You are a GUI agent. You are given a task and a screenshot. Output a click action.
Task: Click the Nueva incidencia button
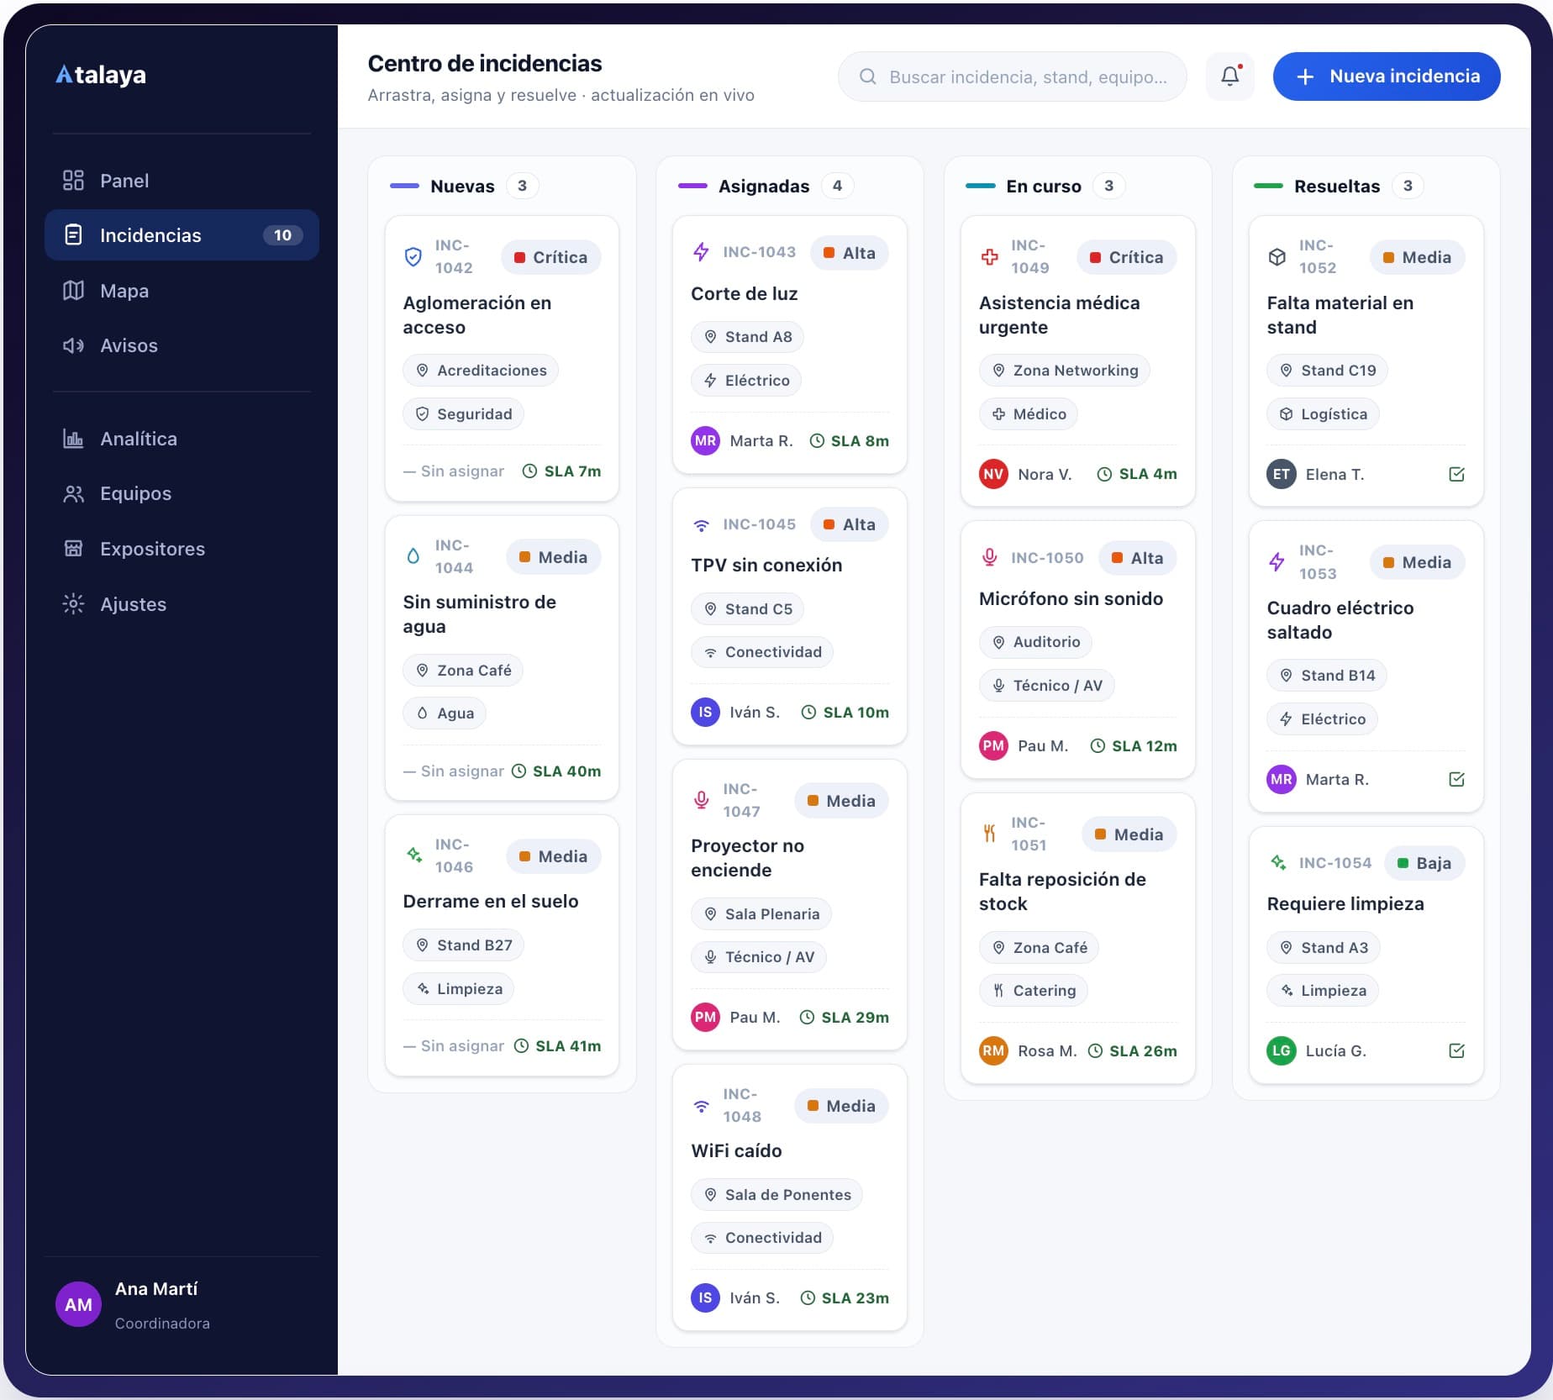(x=1386, y=76)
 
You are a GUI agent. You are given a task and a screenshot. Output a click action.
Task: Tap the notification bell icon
(x=1229, y=76)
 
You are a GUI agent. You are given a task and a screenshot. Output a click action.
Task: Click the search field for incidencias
(x=1012, y=76)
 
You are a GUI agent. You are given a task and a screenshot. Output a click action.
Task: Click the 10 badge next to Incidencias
(x=282, y=235)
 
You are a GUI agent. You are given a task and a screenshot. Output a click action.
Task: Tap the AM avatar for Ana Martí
(x=78, y=1304)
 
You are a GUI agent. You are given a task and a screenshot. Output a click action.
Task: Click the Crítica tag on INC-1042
(x=551, y=257)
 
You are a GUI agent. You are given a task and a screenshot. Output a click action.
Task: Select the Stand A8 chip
(x=747, y=337)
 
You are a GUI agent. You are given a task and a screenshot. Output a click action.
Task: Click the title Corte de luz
(x=745, y=293)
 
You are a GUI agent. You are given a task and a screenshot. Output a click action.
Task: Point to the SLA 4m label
(x=1137, y=474)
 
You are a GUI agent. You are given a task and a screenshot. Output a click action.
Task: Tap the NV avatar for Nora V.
(x=993, y=474)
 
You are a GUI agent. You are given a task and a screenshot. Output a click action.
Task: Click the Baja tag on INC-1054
(x=1424, y=863)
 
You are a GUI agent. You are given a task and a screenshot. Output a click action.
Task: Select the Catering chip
(x=1034, y=991)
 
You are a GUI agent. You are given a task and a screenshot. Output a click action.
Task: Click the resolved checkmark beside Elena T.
(x=1456, y=474)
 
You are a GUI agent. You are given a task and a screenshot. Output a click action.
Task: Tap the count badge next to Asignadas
(x=837, y=186)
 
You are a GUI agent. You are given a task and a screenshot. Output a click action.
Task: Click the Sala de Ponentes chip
(x=776, y=1195)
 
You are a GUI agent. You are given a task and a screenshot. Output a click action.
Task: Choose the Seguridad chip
(x=463, y=414)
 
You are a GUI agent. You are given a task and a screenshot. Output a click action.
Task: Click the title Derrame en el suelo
(x=491, y=901)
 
